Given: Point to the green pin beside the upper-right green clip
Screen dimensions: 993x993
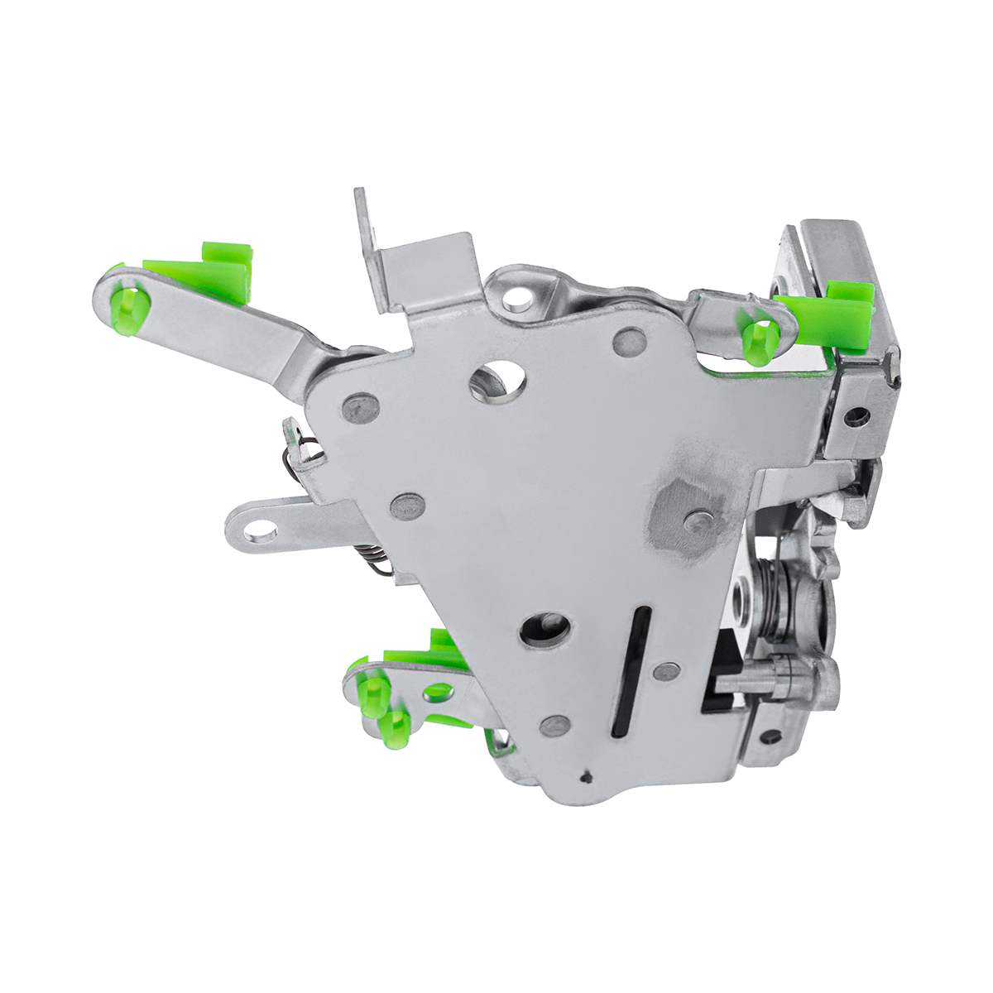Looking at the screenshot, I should (760, 340).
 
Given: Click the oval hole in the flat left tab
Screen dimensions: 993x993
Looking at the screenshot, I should (261, 529).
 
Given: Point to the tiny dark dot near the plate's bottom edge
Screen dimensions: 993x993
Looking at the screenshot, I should (586, 776).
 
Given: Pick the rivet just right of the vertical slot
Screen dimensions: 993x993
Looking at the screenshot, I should (666, 671).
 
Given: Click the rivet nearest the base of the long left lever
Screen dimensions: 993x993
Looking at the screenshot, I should (361, 406).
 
